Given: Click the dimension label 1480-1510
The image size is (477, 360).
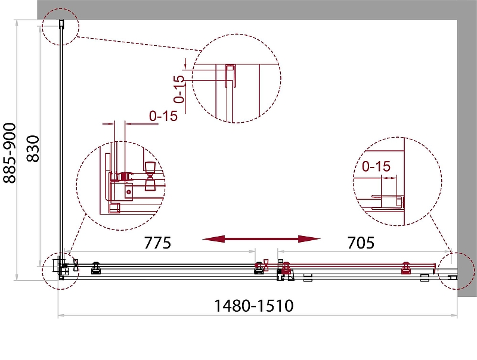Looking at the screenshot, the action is [x=254, y=306].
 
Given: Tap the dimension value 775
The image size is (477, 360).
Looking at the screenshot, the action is [x=157, y=243].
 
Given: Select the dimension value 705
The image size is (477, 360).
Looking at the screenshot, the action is [x=361, y=243].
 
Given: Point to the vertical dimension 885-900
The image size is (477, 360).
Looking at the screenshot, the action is [x=10, y=153].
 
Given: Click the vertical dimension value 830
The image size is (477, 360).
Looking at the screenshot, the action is [x=33, y=148].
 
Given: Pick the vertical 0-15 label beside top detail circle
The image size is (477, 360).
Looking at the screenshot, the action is [x=179, y=89].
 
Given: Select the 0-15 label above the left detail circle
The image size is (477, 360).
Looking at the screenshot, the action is [x=163, y=116].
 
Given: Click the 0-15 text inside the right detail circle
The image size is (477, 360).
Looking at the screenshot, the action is [x=376, y=166].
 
